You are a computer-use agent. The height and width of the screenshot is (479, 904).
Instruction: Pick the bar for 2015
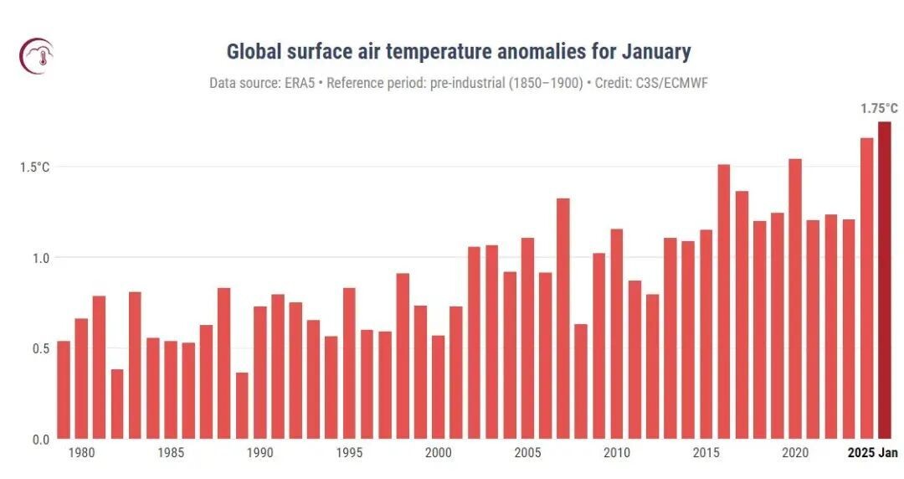[x=706, y=334]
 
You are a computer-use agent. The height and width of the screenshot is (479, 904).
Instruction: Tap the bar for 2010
[x=617, y=334]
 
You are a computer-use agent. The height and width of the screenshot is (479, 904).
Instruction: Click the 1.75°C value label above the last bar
[x=879, y=108]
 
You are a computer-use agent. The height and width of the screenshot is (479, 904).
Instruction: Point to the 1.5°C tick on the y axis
[x=35, y=167]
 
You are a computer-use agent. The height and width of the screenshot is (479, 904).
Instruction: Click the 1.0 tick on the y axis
[x=40, y=258]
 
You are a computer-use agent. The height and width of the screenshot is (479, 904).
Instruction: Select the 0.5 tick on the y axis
[x=40, y=348]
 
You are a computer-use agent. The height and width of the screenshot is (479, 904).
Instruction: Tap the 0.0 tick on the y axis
[x=40, y=439]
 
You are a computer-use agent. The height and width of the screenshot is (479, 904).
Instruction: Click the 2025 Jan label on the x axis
[x=872, y=453]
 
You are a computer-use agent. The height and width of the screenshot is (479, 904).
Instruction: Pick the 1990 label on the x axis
[x=259, y=453]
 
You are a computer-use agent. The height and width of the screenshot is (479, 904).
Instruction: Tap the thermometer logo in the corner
[x=36, y=56]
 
